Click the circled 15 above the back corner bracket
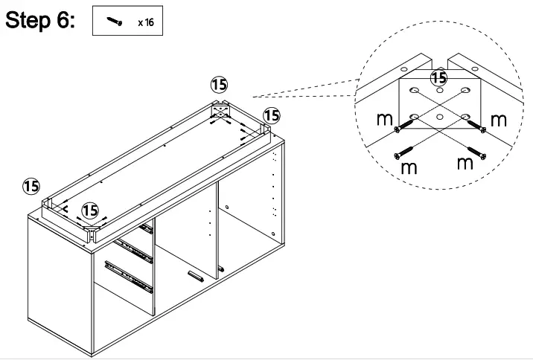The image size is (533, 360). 220,86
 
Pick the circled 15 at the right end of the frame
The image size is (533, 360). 272,115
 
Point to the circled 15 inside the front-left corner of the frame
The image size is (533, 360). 90,211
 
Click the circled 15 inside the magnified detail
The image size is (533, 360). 439,77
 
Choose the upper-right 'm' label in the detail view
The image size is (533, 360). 498,120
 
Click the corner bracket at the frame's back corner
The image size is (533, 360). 222,112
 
